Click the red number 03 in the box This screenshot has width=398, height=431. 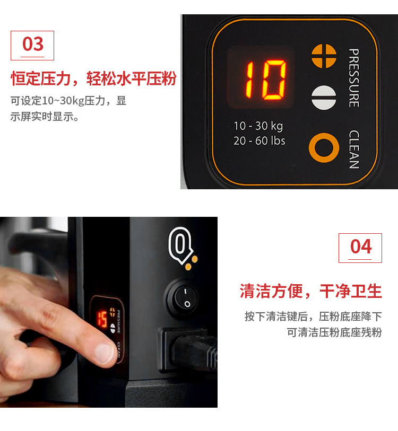click(33, 44)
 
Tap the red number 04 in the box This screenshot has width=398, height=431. click(361, 247)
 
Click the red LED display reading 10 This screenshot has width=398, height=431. click(266, 80)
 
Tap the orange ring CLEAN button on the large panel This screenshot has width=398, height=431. click(324, 147)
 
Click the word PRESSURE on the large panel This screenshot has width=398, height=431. click(353, 78)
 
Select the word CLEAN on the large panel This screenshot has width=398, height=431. click(354, 149)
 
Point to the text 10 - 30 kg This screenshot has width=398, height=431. click(258, 126)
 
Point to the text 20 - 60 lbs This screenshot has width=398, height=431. click(259, 140)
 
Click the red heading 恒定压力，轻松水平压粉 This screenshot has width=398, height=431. click(93, 78)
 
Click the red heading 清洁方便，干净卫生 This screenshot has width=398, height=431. click(311, 291)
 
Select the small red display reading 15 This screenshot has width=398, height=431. click(101, 319)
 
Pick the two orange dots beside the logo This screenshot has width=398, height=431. click(192, 263)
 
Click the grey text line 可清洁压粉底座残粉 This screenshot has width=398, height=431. click(334, 332)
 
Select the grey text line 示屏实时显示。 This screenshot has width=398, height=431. click(45, 117)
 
